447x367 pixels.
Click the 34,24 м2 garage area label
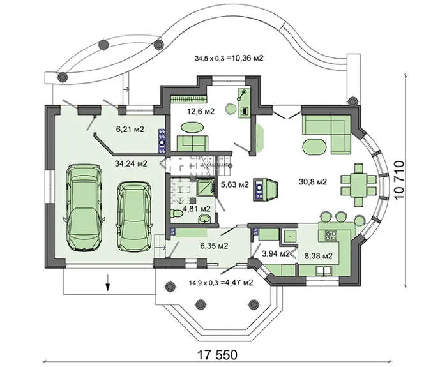click(x=131, y=163)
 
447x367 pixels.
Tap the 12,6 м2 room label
click(x=201, y=111)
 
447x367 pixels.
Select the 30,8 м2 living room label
click(x=313, y=181)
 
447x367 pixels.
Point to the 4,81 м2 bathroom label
click(x=197, y=209)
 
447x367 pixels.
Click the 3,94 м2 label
click(x=275, y=253)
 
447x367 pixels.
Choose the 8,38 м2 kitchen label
click(x=319, y=256)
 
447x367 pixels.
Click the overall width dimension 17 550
click(x=218, y=355)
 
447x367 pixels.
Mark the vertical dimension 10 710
click(x=399, y=179)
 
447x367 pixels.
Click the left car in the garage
click(x=84, y=207)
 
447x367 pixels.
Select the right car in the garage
click(x=134, y=216)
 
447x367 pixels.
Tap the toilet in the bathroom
click(x=177, y=213)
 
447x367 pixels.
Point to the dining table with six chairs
click(x=359, y=184)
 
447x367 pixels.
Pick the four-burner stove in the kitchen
click(x=331, y=235)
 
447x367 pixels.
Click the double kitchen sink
click(x=324, y=271)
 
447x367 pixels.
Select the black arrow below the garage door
click(x=108, y=283)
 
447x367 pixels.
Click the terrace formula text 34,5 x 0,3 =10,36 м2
click(x=229, y=59)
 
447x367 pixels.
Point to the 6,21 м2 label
click(x=130, y=130)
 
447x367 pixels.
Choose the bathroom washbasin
click(x=204, y=219)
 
